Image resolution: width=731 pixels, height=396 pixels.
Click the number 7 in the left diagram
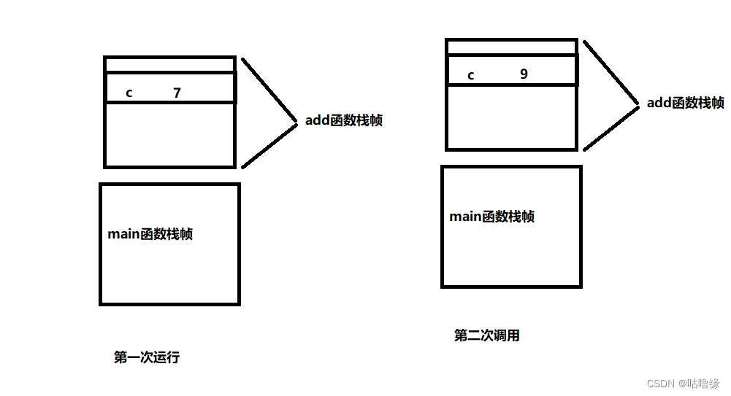click(x=177, y=93)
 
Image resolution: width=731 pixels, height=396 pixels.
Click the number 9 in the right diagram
click(x=524, y=74)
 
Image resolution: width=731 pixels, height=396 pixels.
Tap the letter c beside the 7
click(x=129, y=93)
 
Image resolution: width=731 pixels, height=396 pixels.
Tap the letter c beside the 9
click(x=470, y=75)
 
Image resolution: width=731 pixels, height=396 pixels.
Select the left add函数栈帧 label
click(x=343, y=120)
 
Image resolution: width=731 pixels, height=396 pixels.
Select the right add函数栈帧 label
click(x=685, y=103)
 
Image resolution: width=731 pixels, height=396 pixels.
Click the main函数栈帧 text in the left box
click(x=150, y=234)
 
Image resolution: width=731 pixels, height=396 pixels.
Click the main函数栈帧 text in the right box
click(x=491, y=217)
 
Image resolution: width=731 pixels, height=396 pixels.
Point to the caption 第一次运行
click(x=147, y=357)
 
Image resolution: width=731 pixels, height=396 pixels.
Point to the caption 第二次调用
click(x=487, y=335)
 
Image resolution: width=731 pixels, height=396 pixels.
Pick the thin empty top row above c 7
click(x=169, y=65)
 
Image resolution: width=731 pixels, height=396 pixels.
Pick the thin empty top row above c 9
click(x=511, y=47)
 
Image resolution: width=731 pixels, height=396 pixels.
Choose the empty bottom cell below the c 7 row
click(x=169, y=134)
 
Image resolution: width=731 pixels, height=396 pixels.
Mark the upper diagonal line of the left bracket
click(x=269, y=88)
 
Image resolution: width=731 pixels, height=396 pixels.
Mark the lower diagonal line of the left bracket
click(x=269, y=144)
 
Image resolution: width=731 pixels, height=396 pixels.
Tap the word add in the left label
click(x=318, y=120)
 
